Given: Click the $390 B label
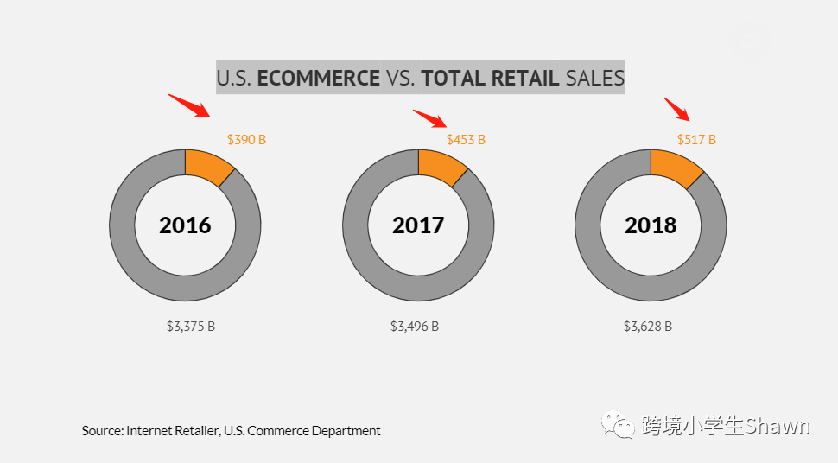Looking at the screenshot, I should point(246,139).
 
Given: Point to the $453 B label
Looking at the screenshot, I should point(466,139).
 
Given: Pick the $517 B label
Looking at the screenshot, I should point(696,139).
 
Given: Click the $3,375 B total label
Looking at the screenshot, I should point(190,327).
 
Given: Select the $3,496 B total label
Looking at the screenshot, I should point(415,327).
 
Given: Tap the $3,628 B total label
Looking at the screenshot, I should point(648,327).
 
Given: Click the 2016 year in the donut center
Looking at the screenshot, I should point(185,225).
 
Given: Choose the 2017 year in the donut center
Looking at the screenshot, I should point(418,225).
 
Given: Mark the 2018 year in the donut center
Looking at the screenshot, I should point(651,225).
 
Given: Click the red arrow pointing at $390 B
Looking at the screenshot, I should point(189,105).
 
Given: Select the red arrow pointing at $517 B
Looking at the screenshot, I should point(676,110).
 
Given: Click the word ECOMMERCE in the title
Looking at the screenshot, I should point(318,78).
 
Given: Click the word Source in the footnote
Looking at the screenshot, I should point(102,430).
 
